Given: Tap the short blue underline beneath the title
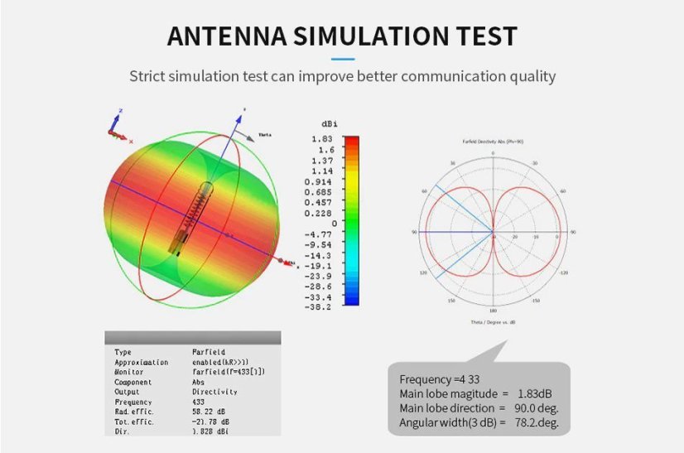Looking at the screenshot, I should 342,59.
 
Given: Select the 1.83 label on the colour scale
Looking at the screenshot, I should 322,138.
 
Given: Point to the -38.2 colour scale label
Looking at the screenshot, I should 318,307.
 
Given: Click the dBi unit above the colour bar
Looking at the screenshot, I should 330,124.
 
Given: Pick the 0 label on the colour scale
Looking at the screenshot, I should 333,223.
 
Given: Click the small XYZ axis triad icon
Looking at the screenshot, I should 117,125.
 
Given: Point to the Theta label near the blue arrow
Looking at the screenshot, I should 265,134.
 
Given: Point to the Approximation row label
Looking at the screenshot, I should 141,362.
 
